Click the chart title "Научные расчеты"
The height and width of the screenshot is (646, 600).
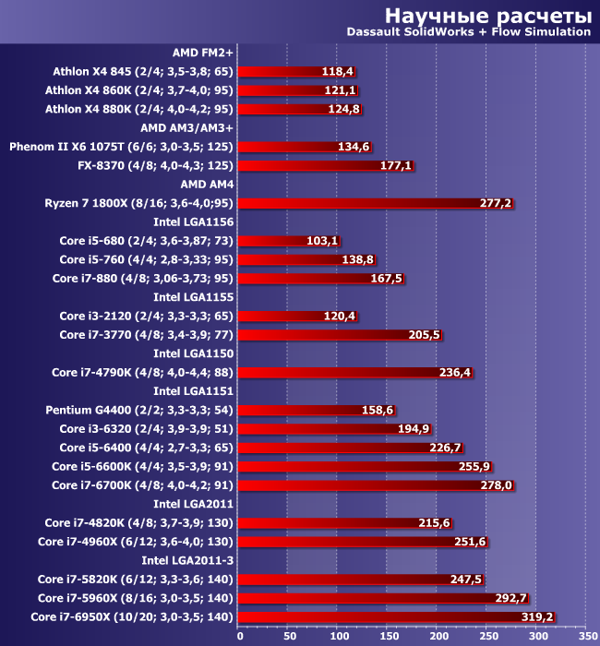487,15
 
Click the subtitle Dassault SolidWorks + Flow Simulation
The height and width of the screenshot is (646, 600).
468,31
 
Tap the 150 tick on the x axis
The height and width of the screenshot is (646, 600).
389,635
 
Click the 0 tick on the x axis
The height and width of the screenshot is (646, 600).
240,635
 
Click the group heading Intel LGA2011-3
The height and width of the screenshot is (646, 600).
187,560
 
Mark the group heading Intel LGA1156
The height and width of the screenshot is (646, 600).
193,221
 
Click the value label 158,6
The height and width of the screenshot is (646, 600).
378,410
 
